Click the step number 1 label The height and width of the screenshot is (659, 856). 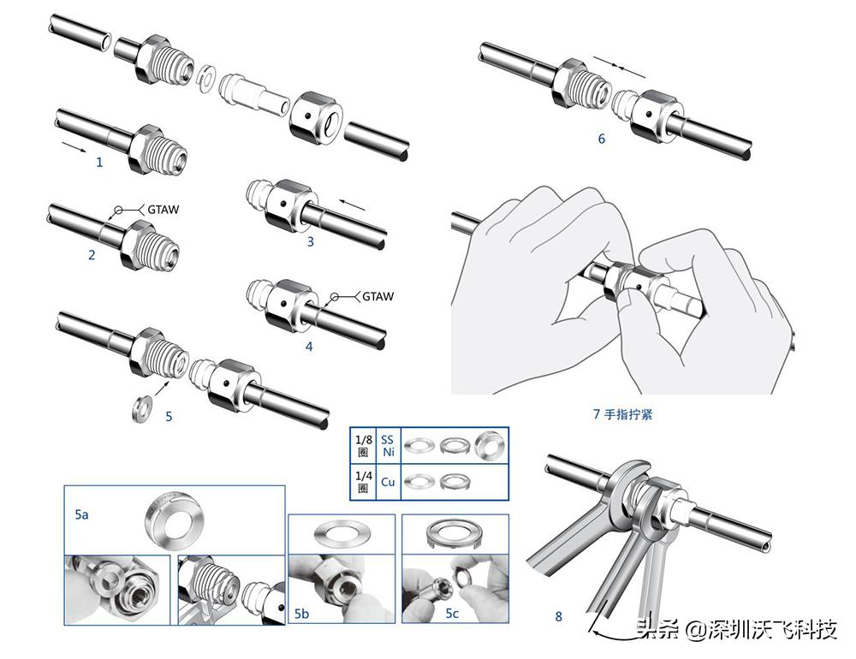coord(99,162)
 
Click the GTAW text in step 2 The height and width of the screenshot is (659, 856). coord(164,209)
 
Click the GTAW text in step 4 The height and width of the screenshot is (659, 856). coord(377,296)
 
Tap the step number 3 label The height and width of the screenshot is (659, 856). coord(310,242)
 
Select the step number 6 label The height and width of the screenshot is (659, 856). coord(601,138)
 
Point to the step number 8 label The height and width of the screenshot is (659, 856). coord(558,615)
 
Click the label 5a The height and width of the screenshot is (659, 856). coord(82,516)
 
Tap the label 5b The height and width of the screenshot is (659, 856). coord(301,614)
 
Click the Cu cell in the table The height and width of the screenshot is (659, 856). coord(388,482)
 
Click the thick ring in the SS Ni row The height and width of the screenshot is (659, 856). coord(490,444)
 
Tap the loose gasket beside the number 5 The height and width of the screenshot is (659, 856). coord(140,407)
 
